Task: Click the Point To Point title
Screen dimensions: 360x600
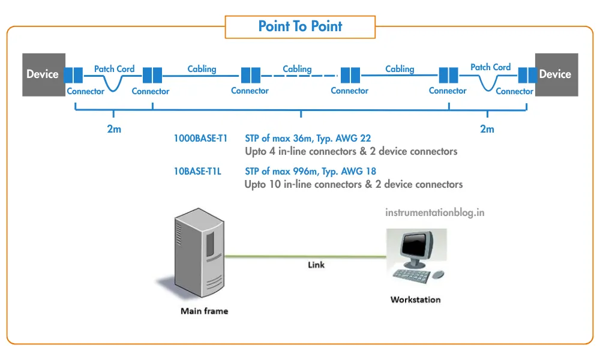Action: [x=300, y=26]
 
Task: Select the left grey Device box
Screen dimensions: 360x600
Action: [x=43, y=74]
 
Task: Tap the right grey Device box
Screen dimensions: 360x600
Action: [x=555, y=74]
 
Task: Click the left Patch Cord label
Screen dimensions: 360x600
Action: [x=114, y=69]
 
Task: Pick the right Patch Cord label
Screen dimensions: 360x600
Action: [x=490, y=67]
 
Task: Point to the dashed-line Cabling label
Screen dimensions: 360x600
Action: [x=297, y=69]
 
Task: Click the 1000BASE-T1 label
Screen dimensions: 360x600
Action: [x=200, y=138]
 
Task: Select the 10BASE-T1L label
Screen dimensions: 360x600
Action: [x=197, y=172]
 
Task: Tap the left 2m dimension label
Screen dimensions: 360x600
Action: [x=114, y=129]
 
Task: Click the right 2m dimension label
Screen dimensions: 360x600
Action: [x=487, y=129]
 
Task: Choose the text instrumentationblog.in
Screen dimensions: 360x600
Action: [x=434, y=212]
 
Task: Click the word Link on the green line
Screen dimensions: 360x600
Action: [x=316, y=265]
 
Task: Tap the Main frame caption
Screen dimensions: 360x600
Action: [x=204, y=311]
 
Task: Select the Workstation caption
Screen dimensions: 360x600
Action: [x=415, y=299]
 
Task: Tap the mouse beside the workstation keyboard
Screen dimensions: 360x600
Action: [x=439, y=274]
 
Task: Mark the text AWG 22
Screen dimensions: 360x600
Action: [x=360, y=138]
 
